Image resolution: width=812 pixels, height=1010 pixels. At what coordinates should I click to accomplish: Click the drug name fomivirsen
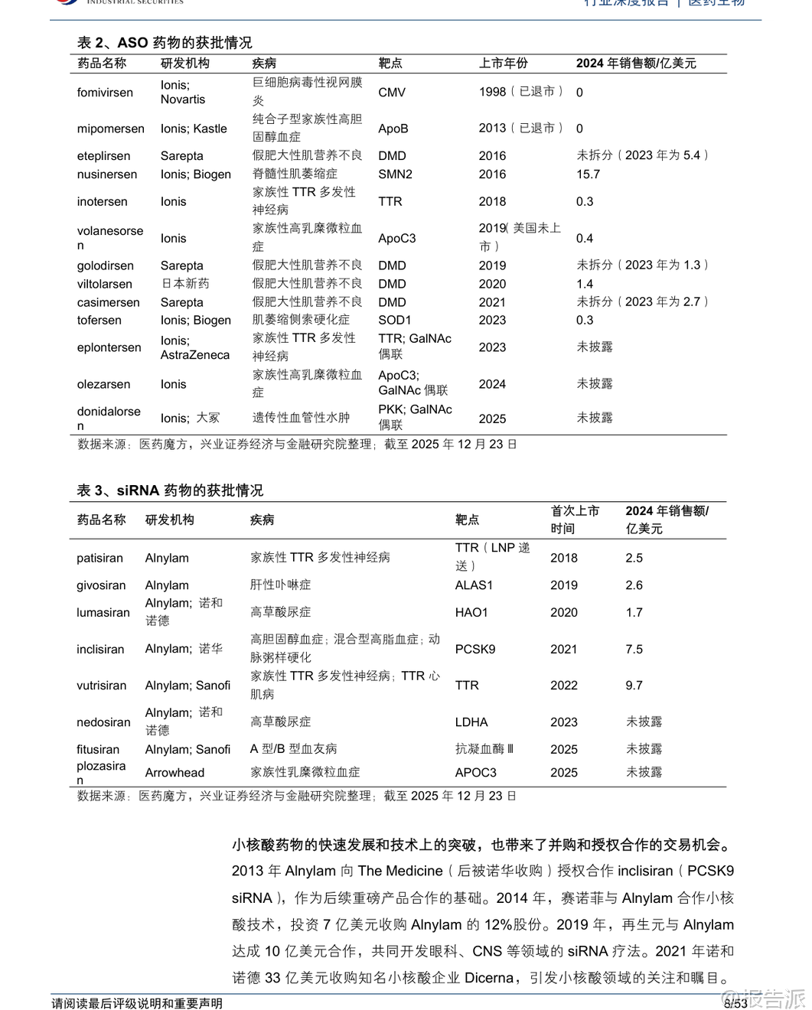tap(105, 93)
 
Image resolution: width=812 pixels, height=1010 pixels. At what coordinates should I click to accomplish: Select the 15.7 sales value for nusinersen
tap(588, 174)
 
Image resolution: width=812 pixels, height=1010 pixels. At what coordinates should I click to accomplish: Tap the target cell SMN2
tap(395, 174)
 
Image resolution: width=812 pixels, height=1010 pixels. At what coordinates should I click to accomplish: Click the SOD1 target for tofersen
tap(394, 321)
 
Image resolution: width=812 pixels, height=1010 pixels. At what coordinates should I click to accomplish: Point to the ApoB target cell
tap(393, 129)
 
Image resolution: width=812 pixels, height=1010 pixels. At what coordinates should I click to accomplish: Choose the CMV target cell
tap(392, 93)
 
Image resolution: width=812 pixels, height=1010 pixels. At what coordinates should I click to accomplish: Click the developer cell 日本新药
tap(184, 284)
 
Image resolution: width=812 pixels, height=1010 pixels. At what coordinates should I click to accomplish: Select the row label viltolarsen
tap(105, 284)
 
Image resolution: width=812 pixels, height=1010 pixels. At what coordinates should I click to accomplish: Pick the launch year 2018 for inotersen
tap(492, 202)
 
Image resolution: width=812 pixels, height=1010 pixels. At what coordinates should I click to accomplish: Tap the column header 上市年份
tap(504, 64)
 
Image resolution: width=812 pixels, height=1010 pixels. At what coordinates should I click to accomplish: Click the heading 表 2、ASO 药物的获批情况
tap(165, 43)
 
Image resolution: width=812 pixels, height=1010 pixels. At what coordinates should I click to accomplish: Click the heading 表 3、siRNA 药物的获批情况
tap(170, 490)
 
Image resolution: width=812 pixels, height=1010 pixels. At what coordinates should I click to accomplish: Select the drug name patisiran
tap(99, 559)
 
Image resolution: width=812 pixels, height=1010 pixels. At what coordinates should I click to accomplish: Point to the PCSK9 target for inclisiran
tap(475, 650)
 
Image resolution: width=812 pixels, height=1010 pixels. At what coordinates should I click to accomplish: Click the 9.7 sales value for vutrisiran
tap(634, 686)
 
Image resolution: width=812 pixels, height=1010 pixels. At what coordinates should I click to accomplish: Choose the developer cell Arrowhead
tap(174, 773)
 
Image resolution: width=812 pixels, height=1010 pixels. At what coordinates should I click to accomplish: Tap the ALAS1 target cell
tap(474, 585)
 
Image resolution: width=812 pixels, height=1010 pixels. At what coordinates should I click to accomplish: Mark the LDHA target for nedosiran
tap(471, 722)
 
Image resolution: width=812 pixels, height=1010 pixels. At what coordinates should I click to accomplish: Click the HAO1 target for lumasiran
tap(471, 613)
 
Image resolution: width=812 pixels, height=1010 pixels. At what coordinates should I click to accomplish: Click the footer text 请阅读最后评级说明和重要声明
tap(137, 1003)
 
